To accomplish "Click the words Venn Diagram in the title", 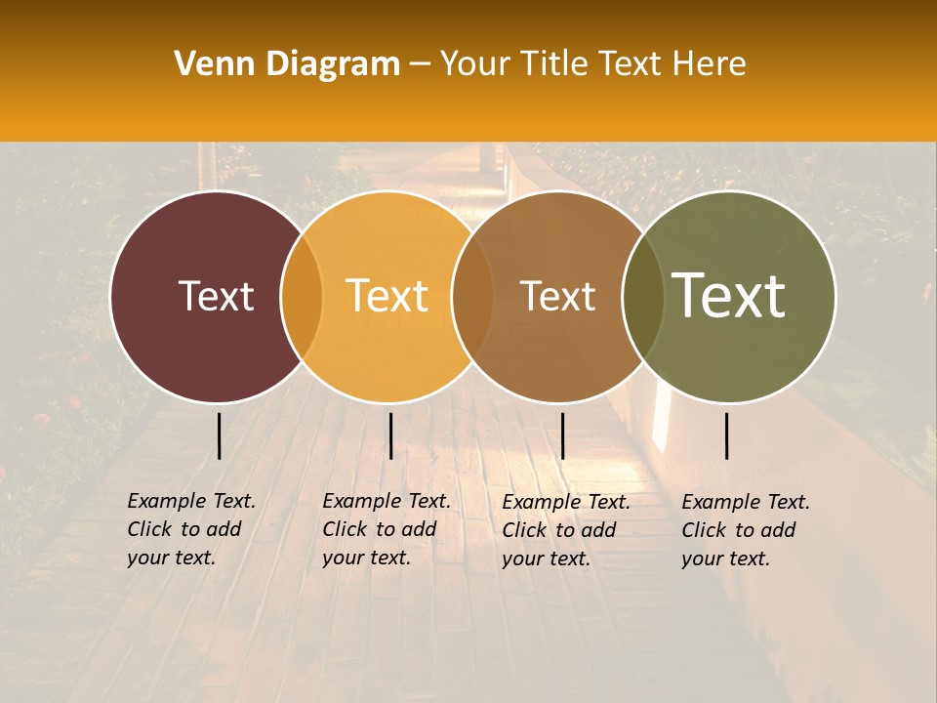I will pyautogui.click(x=287, y=64).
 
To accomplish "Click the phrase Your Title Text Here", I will pyautogui.click(x=592, y=64).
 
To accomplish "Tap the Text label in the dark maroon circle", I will pyautogui.click(x=216, y=296).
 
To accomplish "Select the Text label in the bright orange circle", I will pyautogui.click(x=387, y=296).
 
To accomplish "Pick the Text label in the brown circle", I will pyautogui.click(x=557, y=296).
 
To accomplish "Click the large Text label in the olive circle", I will pyautogui.click(x=729, y=295).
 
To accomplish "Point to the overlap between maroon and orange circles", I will pyautogui.click(x=302, y=297).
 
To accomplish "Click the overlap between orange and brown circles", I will pyautogui.click(x=472, y=297).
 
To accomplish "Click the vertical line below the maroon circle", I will pyautogui.click(x=219, y=435).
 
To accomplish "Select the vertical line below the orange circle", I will pyautogui.click(x=390, y=435).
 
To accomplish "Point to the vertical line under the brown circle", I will pyautogui.click(x=562, y=435).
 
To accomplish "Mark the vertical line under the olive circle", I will pyautogui.click(x=726, y=435).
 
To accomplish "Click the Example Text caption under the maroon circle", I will pyautogui.click(x=190, y=529).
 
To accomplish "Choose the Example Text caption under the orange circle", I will pyautogui.click(x=386, y=529).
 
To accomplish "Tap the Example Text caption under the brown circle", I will pyautogui.click(x=565, y=530).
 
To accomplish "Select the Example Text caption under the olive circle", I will pyautogui.click(x=745, y=530).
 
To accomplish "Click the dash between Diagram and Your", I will pyautogui.click(x=420, y=64).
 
